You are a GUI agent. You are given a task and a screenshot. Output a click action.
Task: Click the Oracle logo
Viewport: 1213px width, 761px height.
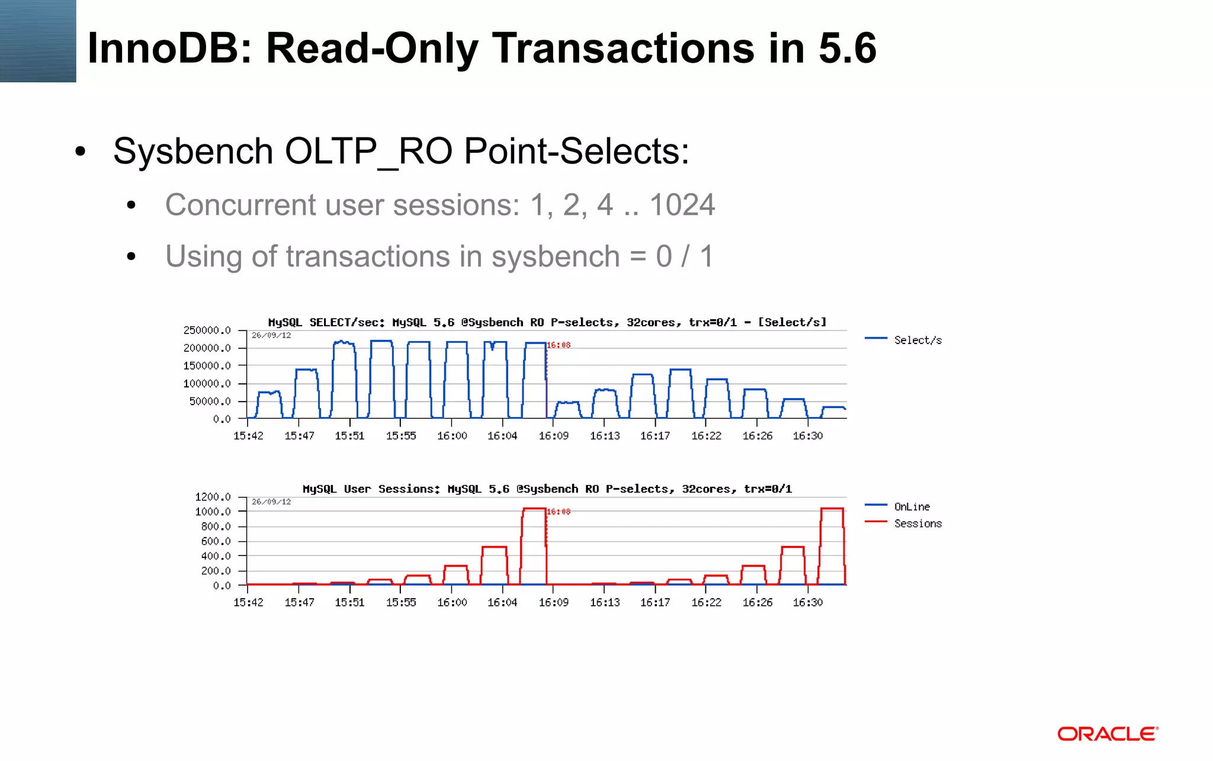pos(1107,734)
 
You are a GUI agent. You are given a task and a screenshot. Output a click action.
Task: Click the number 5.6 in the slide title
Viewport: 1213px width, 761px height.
pos(847,49)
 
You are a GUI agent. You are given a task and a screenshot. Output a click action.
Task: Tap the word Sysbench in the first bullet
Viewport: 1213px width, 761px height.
pos(193,152)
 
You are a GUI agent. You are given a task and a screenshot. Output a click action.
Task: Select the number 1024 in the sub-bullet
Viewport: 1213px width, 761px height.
pos(682,205)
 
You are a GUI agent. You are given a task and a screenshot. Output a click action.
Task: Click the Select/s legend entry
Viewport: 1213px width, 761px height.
pos(917,340)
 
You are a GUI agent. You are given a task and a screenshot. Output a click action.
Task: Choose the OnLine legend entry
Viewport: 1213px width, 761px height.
pos(912,506)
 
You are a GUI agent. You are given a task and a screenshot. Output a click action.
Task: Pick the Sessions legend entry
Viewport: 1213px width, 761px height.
pos(917,524)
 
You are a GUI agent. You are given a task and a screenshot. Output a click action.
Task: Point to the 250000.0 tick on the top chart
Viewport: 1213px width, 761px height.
pos(207,330)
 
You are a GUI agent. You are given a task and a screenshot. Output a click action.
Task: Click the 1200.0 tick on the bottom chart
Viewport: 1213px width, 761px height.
pos(213,496)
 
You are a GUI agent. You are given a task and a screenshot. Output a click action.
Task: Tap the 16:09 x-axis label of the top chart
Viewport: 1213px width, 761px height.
pos(553,436)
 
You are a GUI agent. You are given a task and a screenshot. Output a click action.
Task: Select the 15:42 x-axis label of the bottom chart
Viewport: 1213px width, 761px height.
pos(248,602)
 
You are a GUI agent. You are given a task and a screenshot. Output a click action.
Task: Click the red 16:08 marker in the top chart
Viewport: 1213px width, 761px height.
pos(559,345)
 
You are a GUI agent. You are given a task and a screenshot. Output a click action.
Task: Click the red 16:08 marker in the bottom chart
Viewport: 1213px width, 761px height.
pos(559,511)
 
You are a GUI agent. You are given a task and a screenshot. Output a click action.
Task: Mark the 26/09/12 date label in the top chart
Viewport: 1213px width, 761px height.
pos(271,335)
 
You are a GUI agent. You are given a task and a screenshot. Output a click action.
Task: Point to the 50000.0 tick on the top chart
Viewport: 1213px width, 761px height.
pos(210,401)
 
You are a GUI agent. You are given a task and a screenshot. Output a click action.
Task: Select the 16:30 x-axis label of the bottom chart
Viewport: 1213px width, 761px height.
pos(808,602)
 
